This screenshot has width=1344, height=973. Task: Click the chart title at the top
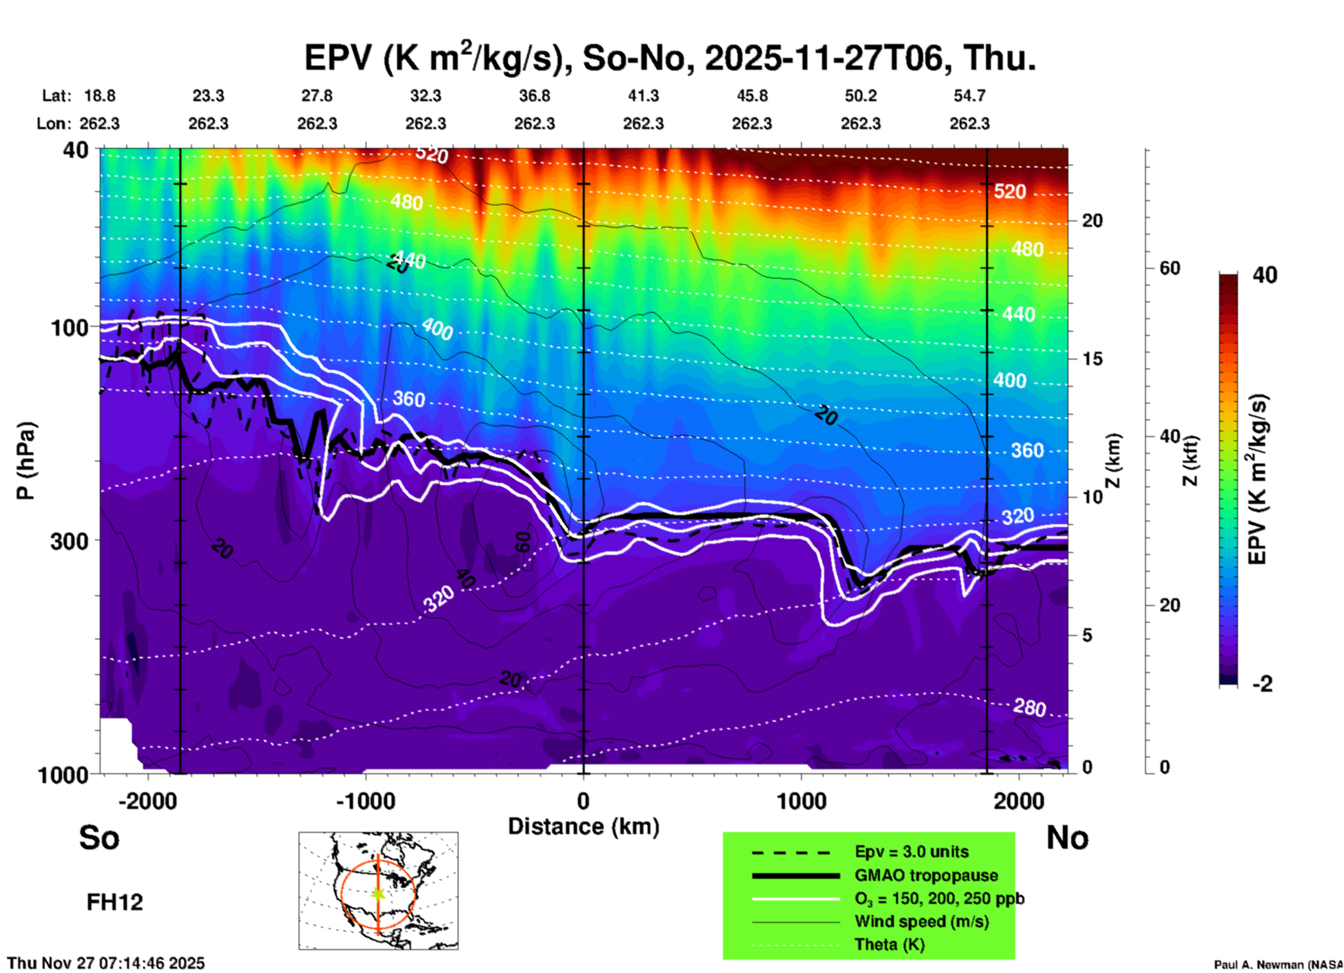point(670,57)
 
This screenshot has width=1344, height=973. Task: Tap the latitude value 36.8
point(535,96)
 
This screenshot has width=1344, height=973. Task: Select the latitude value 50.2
point(860,96)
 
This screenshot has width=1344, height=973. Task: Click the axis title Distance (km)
point(583,826)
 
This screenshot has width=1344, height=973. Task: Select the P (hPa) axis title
point(25,461)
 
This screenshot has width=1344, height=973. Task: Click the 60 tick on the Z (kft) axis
point(1170,268)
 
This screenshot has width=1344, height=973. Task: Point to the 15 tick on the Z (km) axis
point(1093,359)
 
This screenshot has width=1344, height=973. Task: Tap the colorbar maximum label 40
point(1264,275)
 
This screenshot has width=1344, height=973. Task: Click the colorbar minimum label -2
point(1262,684)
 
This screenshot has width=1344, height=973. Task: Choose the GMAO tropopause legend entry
point(926,875)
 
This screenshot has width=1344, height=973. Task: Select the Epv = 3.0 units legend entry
point(911,852)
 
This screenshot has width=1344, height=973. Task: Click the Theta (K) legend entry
point(889,945)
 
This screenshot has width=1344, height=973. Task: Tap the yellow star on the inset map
point(378,893)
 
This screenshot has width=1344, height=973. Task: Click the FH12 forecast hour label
point(114,903)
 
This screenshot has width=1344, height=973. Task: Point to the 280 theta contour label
point(1029,708)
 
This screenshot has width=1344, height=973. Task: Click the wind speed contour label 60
point(523,542)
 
